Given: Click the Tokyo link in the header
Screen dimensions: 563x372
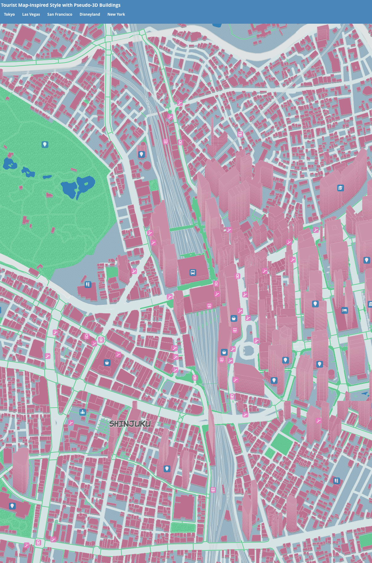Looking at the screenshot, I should pyautogui.click(x=9, y=14).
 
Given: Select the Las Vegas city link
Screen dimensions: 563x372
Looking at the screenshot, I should pyautogui.click(x=31, y=14).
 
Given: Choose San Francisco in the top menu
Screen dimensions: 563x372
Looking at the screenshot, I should pyautogui.click(x=60, y=14).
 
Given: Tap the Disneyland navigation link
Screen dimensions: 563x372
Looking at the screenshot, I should pyautogui.click(x=90, y=14).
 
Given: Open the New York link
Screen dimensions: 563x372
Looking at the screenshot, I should pyautogui.click(x=116, y=14).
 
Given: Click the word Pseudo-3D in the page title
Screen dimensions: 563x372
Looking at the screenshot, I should pyautogui.click(x=86, y=5).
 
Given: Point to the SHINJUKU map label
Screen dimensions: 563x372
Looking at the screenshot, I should pyautogui.click(x=130, y=424).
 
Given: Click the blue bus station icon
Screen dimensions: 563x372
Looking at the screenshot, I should pyautogui.click(x=193, y=273).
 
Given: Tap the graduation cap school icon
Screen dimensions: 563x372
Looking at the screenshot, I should pyautogui.click(x=340, y=188).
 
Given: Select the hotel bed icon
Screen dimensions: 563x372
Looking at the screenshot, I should pyautogui.click(x=345, y=310).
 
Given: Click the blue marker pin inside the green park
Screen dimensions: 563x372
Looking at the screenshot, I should pyautogui.click(x=45, y=144).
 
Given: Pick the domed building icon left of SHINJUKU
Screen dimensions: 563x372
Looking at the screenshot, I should pyautogui.click(x=82, y=412).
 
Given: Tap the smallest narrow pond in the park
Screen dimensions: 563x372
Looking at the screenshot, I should pyautogui.click(x=47, y=177).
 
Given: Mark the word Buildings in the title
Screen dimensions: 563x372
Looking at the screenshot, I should pyautogui.click(x=110, y=5).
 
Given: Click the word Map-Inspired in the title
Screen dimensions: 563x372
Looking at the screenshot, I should pyautogui.click(x=32, y=5).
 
